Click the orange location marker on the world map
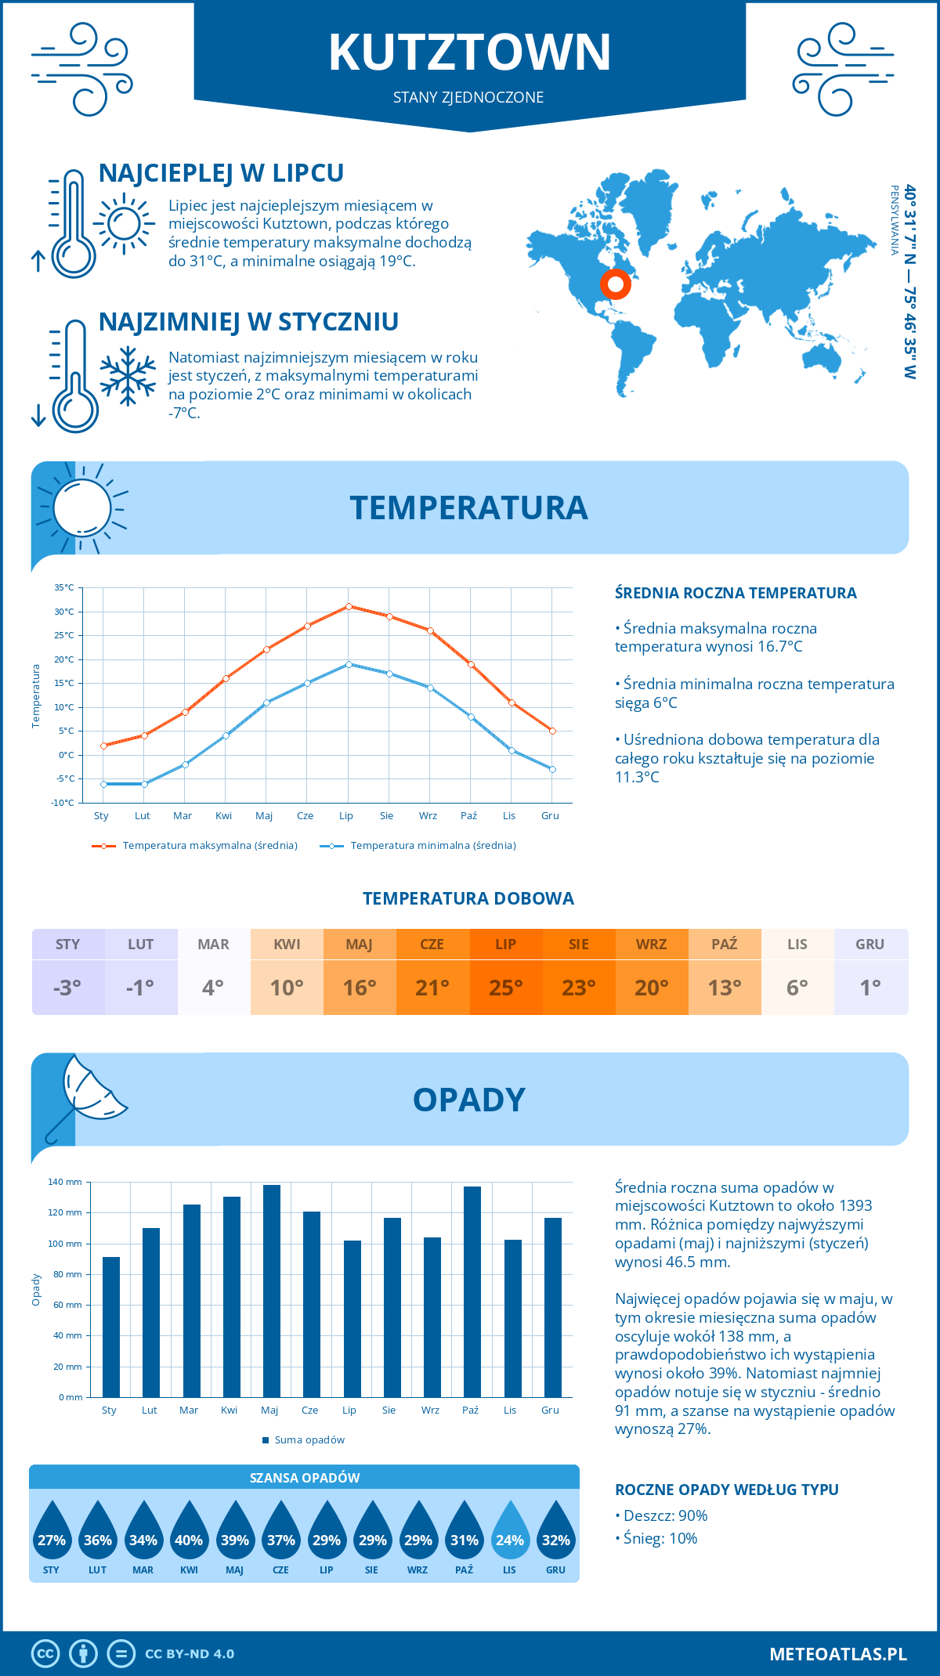616,284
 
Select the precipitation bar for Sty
111,1327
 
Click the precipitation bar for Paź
472,1291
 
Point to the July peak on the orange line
349,606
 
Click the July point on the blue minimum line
349,664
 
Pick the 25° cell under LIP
505,988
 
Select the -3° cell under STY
67,988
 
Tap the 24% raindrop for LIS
509,1530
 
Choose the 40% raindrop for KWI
189,1530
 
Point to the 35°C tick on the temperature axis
64,587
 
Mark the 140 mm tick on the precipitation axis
65,1182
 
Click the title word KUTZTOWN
469,52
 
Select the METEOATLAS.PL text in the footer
837,1654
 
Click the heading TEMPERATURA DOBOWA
468,898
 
